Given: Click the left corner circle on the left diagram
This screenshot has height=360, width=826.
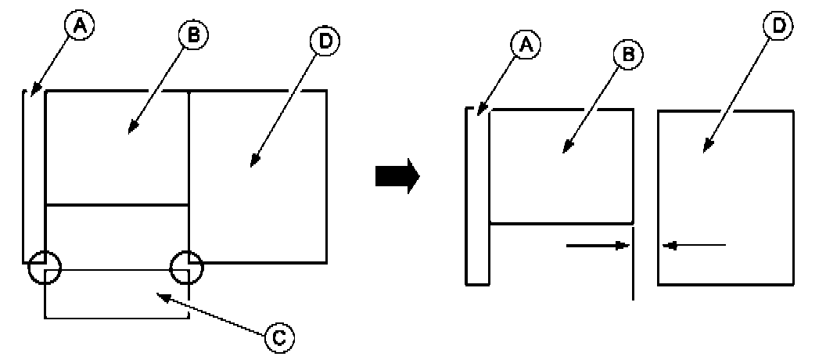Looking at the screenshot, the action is pyautogui.click(x=45, y=268).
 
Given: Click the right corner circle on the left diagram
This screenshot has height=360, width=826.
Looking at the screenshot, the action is pyautogui.click(x=188, y=268).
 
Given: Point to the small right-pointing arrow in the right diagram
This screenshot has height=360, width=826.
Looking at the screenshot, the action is pyautogui.click(x=598, y=245).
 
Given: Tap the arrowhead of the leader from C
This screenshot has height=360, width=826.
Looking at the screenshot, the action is pyautogui.click(x=161, y=296).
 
